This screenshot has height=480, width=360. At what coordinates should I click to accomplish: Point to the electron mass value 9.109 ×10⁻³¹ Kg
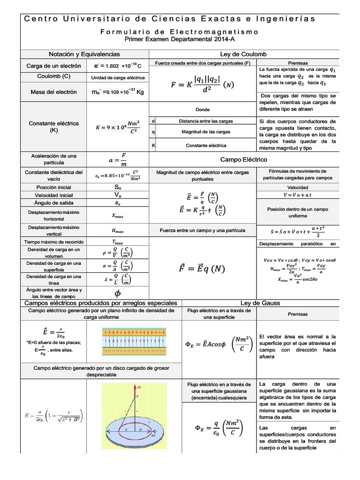[118, 92]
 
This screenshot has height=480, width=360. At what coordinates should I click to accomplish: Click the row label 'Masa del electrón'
[53, 92]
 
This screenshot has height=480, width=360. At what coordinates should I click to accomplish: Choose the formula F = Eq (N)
[202, 269]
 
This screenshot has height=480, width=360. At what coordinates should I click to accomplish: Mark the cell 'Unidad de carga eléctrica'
[118, 77]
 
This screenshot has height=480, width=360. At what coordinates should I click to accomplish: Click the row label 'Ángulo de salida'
[53, 203]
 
